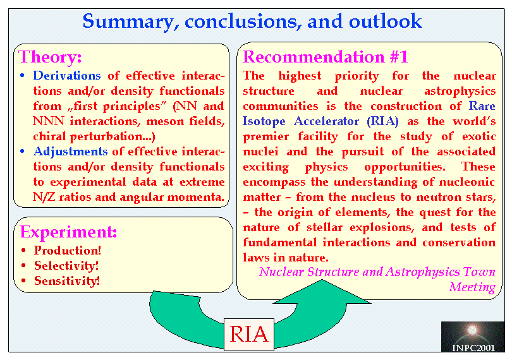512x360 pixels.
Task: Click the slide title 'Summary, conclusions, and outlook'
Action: coord(252,21)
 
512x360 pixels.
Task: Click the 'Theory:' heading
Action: coord(50,57)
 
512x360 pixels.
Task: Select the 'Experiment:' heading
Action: coord(68,232)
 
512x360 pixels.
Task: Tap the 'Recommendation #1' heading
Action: coord(326,57)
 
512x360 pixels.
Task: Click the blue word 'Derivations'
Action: coord(66,76)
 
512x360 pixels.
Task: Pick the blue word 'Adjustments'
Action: coord(70,152)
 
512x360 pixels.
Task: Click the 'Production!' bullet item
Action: coord(68,250)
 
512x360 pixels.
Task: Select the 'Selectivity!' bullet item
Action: coord(66,266)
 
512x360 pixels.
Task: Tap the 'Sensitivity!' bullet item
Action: coord(67,280)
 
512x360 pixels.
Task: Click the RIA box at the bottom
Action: coord(249,334)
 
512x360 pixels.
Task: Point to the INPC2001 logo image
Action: coord(472,337)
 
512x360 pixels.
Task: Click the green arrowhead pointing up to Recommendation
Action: coord(322,292)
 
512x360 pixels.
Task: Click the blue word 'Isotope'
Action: coord(264,121)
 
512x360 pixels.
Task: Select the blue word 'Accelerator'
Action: coord(326,121)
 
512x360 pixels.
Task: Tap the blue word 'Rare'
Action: coord(482,106)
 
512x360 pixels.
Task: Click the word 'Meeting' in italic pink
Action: coord(472,287)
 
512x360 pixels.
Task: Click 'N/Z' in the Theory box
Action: coord(44,197)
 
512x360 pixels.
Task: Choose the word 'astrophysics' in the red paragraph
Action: coord(460,92)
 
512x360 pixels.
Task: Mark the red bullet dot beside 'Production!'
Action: coord(23,251)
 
